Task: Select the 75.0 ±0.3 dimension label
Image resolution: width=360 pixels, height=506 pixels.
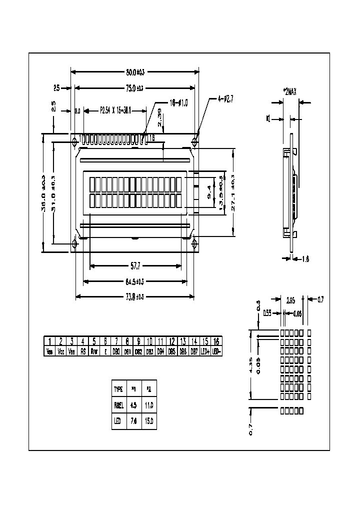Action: pos(135,88)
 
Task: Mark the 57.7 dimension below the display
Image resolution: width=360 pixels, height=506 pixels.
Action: pos(135,265)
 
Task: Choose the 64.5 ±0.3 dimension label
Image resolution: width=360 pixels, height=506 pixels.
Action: pos(135,281)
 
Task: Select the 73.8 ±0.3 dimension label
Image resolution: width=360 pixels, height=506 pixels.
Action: pos(135,297)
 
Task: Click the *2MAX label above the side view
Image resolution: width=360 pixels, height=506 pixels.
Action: pos(290,91)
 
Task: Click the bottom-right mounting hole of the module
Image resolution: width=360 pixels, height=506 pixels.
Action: pos(194,243)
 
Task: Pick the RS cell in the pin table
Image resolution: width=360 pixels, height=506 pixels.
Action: pos(83,351)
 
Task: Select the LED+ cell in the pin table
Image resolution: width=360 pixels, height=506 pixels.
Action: pos(205,351)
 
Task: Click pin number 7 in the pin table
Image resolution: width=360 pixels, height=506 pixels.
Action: pos(116,341)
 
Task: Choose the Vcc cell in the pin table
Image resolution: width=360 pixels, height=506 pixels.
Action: pos(61,351)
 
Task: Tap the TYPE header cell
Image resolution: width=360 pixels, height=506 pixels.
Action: pos(118,388)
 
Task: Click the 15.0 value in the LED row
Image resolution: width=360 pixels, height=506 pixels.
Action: pos(149,421)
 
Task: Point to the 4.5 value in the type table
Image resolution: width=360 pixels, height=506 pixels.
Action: pos(133,405)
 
